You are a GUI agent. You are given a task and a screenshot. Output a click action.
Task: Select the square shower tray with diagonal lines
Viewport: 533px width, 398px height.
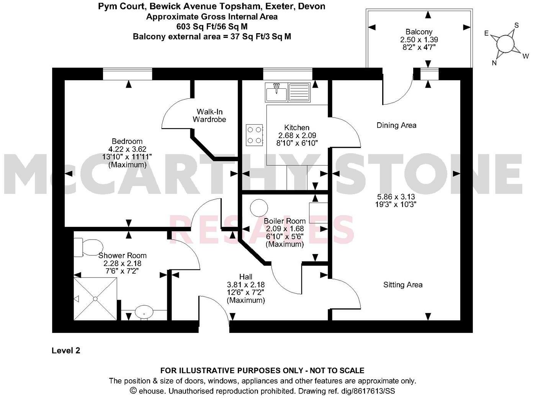(x=95, y=298)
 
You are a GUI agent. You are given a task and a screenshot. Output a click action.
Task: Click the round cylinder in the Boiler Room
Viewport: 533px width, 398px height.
(x=259, y=208)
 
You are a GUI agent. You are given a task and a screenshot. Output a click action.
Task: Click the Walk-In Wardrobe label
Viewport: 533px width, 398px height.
(x=209, y=116)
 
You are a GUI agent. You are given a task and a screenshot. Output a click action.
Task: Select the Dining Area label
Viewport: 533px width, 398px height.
(x=396, y=125)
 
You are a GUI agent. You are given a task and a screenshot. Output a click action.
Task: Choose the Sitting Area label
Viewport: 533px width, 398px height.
(x=403, y=285)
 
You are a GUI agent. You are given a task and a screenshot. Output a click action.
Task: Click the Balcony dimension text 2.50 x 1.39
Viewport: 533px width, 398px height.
(x=419, y=39)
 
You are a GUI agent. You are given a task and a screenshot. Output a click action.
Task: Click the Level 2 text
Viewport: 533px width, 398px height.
(x=66, y=350)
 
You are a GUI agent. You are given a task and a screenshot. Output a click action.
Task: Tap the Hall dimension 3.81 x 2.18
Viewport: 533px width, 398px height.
(x=246, y=285)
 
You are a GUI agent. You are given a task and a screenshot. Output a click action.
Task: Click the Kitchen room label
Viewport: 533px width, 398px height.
(x=297, y=127)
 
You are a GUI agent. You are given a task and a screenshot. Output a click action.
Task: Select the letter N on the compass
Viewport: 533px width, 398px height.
(x=494, y=63)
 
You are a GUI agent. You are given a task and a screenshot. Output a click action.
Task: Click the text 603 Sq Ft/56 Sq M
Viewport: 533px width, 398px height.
(x=212, y=26)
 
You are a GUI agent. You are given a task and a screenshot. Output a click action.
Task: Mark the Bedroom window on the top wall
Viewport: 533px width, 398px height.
(x=128, y=74)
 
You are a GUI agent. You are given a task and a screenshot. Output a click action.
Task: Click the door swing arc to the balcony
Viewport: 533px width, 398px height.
(x=398, y=92)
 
